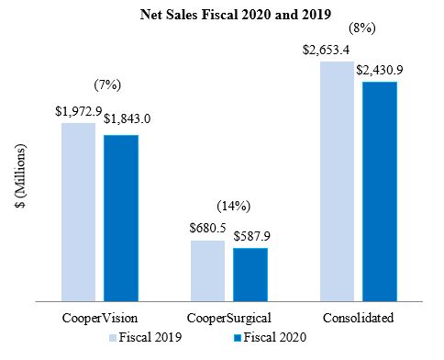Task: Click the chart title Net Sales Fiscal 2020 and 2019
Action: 236,14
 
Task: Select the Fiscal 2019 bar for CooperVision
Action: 79,212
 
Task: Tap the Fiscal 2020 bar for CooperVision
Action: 121,219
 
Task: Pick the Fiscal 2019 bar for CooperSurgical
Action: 208,271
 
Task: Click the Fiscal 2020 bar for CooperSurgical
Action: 250,275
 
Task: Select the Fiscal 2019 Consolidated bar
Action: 338,182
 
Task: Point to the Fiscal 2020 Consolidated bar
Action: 380,192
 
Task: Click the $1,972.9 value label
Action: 79,111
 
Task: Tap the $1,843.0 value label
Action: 127,118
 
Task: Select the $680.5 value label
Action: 207,228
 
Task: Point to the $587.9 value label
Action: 252,236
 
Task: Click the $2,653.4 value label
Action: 326,50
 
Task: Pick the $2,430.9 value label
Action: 380,70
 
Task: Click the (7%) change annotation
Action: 107,84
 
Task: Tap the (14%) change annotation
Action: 234,206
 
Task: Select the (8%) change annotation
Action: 362,28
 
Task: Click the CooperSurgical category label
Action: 229,318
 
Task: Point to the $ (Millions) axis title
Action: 21,175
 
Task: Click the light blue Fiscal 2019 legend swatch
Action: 113,338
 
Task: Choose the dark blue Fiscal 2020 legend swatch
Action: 238,338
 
